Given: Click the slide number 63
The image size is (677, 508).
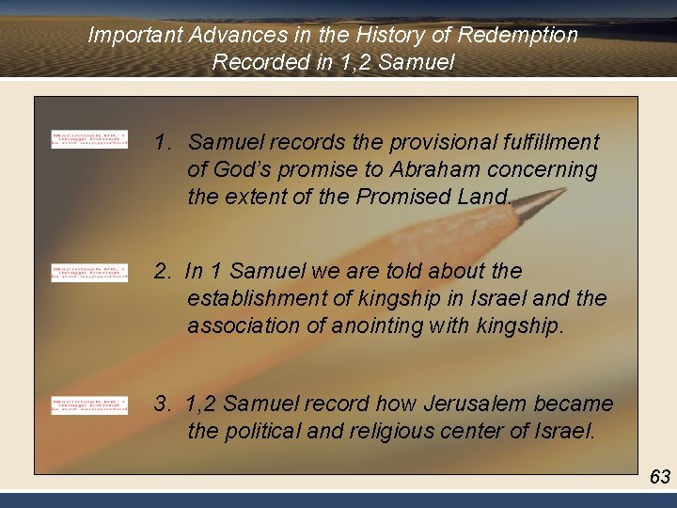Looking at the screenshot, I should point(660,477).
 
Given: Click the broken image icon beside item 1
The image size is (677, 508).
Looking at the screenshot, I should point(89,139).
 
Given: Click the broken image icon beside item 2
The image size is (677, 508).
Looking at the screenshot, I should point(89,273).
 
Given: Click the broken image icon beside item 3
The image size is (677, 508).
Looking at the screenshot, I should point(89,405).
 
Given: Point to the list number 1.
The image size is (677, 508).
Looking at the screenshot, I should point(163,142).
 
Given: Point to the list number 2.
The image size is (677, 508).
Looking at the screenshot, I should point(163,272).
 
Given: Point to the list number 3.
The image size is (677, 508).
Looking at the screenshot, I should point(163,405).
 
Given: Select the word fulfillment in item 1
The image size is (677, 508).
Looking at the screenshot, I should point(550,142).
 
